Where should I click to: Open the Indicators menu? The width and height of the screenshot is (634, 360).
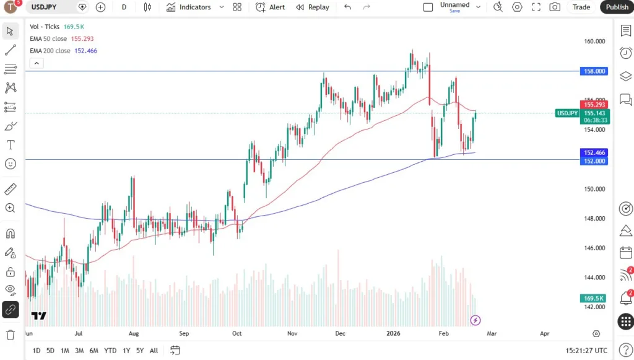189,7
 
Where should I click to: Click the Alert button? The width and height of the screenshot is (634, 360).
271,7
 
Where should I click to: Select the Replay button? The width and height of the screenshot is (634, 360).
313,7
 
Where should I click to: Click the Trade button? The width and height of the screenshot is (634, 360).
581,7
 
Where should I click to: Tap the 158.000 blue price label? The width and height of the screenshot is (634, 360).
594,71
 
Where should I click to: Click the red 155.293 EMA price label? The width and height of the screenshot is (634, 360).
594,104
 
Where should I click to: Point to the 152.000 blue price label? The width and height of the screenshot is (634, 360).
594,160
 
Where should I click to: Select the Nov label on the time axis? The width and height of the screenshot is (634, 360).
293,333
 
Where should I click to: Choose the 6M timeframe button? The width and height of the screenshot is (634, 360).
93,351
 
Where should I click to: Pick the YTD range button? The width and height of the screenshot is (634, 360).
110,351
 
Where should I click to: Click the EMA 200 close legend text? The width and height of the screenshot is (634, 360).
50,51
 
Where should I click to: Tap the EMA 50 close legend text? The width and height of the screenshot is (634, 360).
48,38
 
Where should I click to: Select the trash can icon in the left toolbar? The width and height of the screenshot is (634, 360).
11,335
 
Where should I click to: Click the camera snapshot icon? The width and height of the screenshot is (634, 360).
555,7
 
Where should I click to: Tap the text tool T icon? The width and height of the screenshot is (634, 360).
11,145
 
